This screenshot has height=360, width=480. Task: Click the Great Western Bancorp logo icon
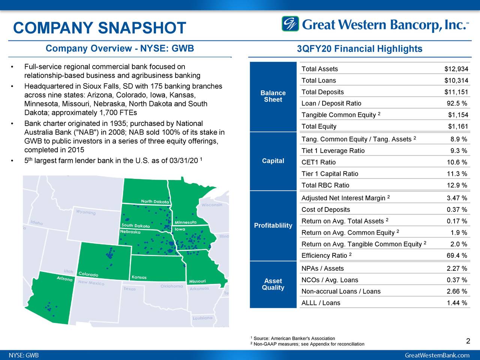coord(290,24)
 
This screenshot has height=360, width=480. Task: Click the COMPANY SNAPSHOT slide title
coord(99,28)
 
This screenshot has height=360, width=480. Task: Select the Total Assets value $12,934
coord(456,69)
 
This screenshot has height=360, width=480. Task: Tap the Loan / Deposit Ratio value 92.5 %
coord(457,103)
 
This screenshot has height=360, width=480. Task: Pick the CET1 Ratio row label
coord(318,162)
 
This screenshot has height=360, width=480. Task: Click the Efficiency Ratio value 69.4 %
coord(457,256)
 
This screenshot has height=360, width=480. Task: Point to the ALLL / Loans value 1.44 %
coord(457,303)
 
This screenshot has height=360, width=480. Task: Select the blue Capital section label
coord(273,161)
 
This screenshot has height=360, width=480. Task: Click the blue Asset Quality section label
coord(273,284)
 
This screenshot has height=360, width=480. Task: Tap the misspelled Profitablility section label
coord(273,225)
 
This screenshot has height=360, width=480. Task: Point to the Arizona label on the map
coord(64,279)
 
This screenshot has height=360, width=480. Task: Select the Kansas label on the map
coord(139,277)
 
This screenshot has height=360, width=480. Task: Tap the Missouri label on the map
coord(197,281)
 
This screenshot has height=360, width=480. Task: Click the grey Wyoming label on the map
coord(86,212)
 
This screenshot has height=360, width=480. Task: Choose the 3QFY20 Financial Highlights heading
coord(359,49)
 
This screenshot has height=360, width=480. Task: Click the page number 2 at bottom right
coord(468,341)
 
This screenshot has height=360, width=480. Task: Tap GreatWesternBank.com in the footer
coord(437,355)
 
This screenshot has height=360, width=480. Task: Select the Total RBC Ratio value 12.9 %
coord(457,185)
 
